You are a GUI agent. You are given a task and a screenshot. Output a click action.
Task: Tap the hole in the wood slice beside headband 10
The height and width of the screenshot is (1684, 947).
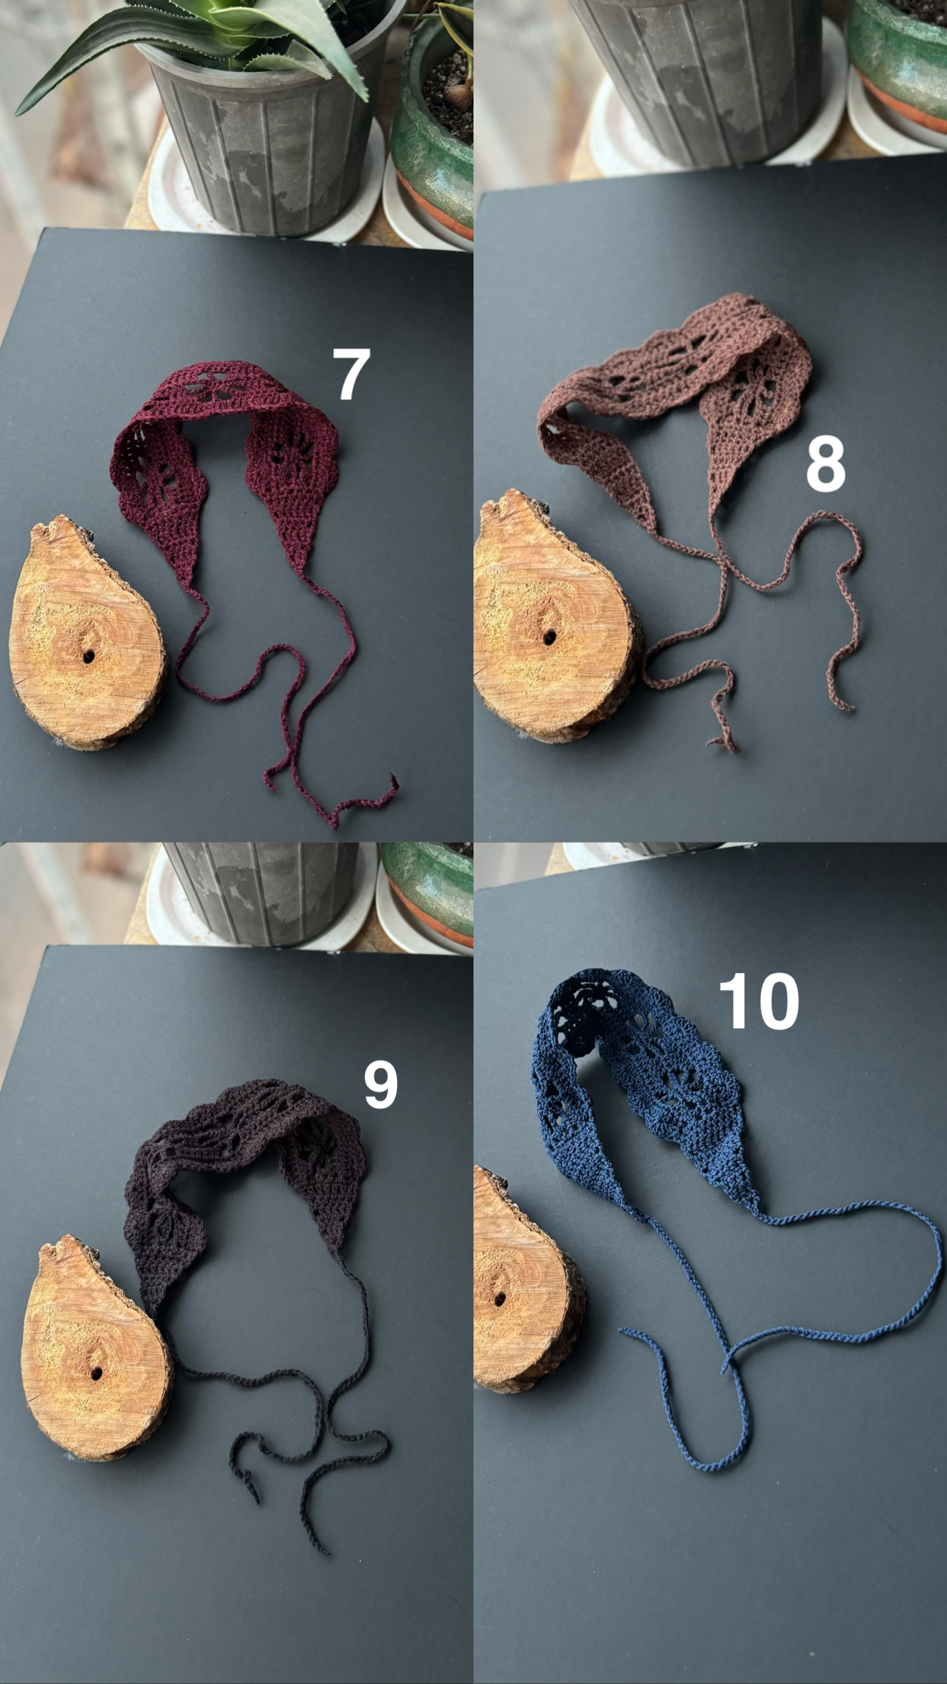click(x=500, y=1299)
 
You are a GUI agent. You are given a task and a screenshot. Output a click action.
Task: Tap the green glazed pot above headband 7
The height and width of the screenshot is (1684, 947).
click(x=433, y=125)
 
